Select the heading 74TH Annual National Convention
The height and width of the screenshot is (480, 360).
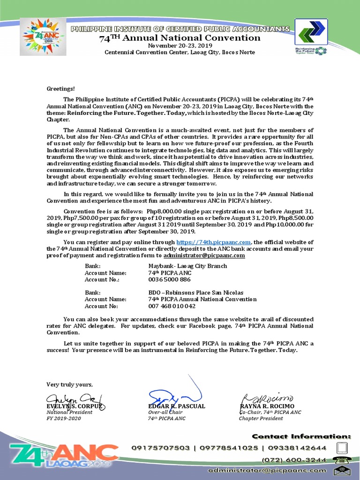pyautogui.click(x=180, y=38)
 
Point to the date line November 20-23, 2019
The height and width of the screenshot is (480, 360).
pyautogui.click(x=180, y=45)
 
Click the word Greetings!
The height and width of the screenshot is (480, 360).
pyautogui.click(x=60, y=89)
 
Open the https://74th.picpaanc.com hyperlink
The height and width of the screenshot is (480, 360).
pyautogui.click(x=214, y=242)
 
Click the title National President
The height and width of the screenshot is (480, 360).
pyautogui.click(x=69, y=412)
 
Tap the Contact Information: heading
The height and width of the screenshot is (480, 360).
pyautogui.click(x=301, y=436)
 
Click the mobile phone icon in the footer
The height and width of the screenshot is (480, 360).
pyautogui.click(x=342, y=448)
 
